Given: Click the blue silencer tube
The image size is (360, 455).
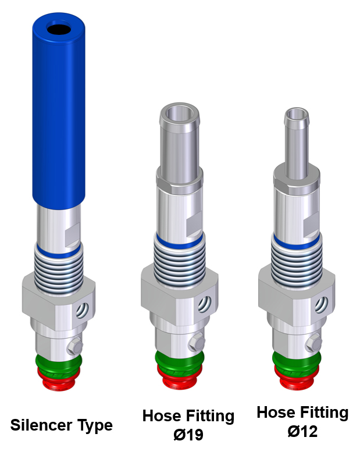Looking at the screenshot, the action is pyautogui.click(x=59, y=111).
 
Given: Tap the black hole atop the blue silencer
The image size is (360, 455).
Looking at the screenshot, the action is pyautogui.click(x=59, y=29).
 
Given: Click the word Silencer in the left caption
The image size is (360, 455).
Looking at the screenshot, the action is pyautogui.click(x=41, y=425).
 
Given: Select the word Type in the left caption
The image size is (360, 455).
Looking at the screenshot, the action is pyautogui.click(x=95, y=426).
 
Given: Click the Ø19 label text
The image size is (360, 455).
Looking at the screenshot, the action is pyautogui.click(x=188, y=435).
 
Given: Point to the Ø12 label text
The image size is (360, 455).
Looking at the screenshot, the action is pyautogui.click(x=302, y=431).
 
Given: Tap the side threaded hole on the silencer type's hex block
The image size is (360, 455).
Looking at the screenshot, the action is pyautogui.click(x=82, y=310).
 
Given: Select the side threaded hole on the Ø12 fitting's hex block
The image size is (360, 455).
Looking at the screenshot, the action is pyautogui.click(x=322, y=305).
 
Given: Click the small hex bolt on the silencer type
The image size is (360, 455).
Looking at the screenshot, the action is pyautogui.click(x=75, y=346).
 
